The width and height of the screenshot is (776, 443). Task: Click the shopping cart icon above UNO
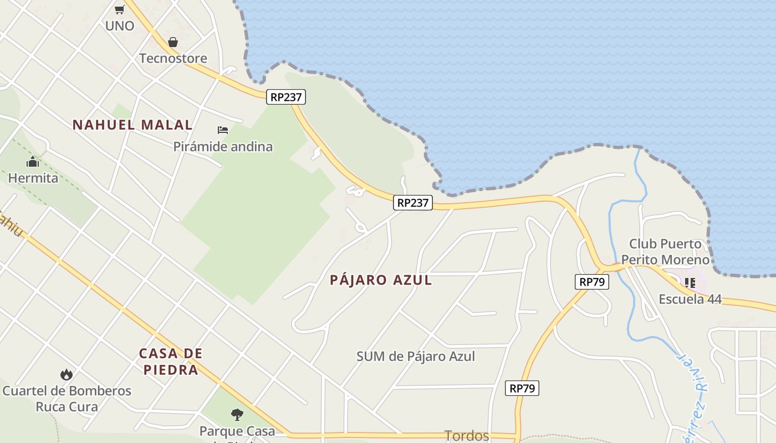coord(119,9)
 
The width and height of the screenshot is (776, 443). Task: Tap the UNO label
coord(120,25)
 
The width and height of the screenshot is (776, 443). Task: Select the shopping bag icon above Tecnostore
coord(173,42)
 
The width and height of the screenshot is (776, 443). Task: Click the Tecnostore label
coord(173,58)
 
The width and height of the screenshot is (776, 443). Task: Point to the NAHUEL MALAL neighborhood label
coord(132,125)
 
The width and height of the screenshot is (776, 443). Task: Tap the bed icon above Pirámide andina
coord(223,130)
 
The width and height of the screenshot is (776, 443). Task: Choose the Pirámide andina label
coord(223,147)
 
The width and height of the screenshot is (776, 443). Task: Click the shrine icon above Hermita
coord(33,162)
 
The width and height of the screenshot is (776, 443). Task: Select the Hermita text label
coord(33,178)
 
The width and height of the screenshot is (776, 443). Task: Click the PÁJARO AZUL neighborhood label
coord(381,280)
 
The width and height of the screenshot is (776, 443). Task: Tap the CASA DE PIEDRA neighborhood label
coord(171,362)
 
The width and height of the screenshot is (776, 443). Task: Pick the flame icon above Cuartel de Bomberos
coord(67,375)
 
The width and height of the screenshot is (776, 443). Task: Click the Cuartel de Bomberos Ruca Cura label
coord(67,399)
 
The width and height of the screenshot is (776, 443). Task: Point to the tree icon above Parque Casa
coord(237,414)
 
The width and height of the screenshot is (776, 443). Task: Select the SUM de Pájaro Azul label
coord(416,356)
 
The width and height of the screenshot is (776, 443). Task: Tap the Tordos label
coord(467,436)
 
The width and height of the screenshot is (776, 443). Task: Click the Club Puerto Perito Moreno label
coord(665,251)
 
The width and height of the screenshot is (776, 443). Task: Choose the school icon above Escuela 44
coord(690,283)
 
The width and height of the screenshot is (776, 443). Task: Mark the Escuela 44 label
coord(690,299)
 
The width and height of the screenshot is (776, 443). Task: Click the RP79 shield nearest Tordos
coord(522,388)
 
